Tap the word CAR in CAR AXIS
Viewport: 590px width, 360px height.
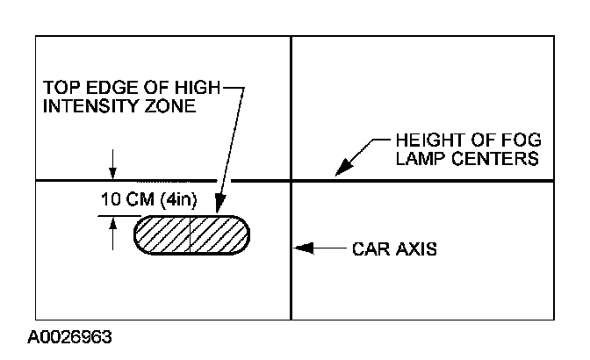[x=368, y=248]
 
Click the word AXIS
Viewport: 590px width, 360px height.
[x=413, y=248]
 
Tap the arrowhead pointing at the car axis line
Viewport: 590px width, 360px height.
[x=300, y=248]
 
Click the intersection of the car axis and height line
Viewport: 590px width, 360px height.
[x=291, y=181]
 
